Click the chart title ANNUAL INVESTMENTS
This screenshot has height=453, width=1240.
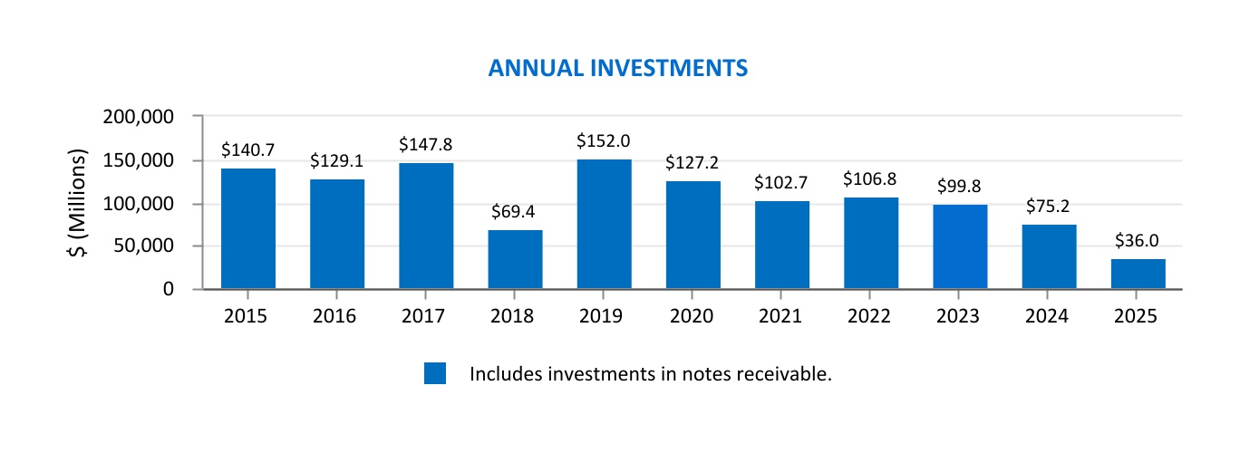617,68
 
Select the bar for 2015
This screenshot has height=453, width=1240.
248,228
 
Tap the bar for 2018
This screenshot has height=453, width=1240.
515,260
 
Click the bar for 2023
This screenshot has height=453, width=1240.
960,246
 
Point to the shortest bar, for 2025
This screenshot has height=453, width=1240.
1138,274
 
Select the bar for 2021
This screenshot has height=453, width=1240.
781,245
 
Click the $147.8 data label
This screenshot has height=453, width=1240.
426,144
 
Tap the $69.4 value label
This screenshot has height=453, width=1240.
515,213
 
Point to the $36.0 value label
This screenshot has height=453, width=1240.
1138,241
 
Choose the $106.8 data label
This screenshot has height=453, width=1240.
870,179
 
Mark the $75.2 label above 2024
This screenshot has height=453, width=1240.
1049,207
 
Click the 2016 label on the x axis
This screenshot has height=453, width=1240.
337,316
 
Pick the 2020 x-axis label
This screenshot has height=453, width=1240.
693,316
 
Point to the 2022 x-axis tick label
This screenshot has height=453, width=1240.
870,316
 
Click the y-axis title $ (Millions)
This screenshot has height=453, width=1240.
79,203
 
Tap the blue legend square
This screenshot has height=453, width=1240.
435,373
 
